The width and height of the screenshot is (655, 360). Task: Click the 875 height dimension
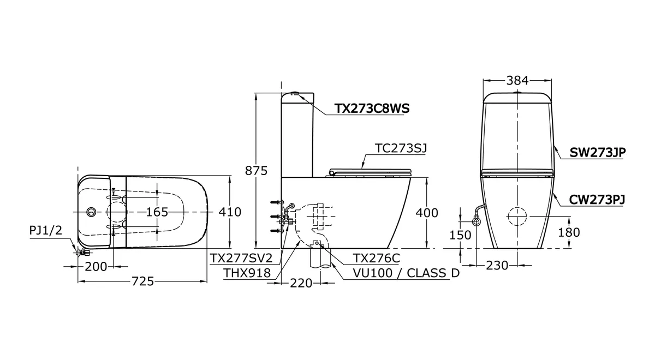[256, 171]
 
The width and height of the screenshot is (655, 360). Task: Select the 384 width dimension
[517, 80]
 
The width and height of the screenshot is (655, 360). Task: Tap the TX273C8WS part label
[372, 109]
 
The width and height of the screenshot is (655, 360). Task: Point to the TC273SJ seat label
[401, 148]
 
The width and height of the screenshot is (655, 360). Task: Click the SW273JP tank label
[598, 152]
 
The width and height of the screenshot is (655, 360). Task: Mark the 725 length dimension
[142, 281]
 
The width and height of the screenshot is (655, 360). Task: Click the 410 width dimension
[230, 212]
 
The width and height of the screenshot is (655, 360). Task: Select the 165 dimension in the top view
[157, 212]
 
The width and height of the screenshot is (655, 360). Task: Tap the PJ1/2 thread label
[46, 231]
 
